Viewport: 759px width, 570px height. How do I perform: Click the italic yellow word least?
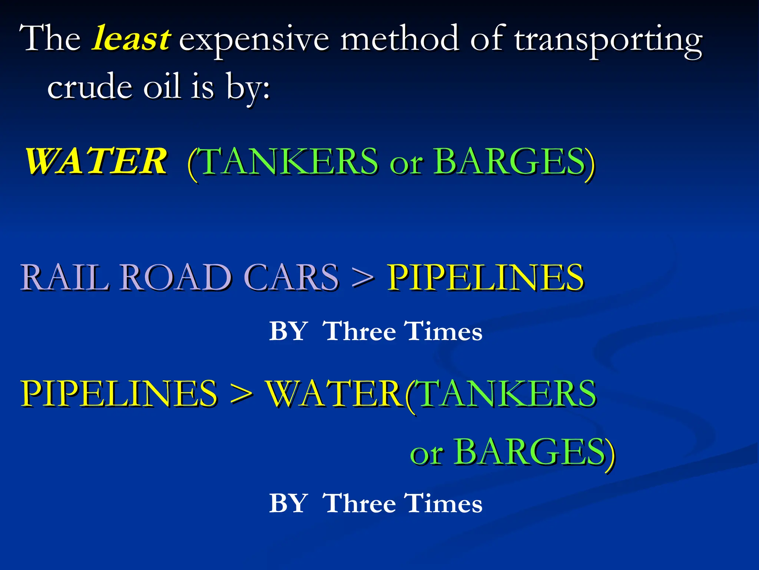(x=131, y=39)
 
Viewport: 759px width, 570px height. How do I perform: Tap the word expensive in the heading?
(x=254, y=40)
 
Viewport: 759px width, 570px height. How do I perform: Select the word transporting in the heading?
(x=608, y=40)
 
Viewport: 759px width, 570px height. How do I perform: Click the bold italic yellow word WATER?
(x=96, y=161)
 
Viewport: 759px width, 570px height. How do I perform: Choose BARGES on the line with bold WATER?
(x=510, y=161)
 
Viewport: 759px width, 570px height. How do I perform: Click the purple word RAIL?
(x=64, y=277)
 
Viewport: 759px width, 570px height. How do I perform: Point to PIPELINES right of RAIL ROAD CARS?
(x=485, y=277)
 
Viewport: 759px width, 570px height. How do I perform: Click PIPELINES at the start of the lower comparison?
(x=119, y=393)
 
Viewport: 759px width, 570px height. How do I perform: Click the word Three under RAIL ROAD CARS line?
(x=359, y=331)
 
